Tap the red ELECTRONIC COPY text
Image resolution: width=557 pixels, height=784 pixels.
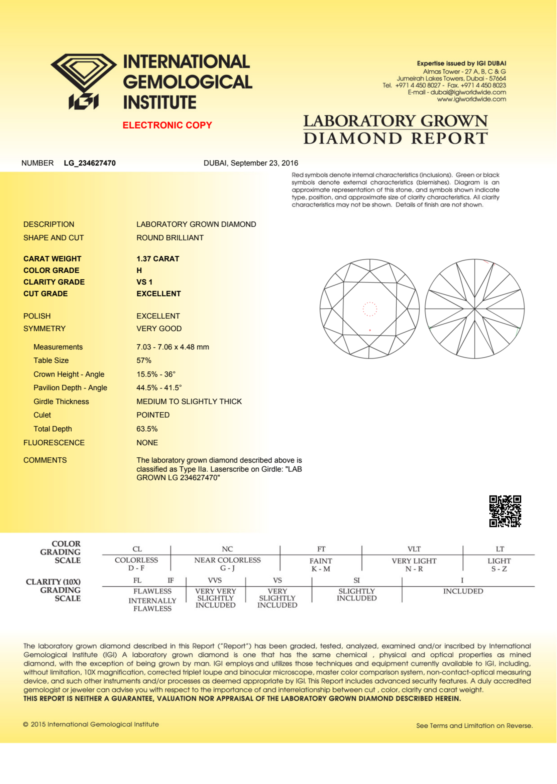coord(167,125)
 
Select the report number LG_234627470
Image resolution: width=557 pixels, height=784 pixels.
coord(90,163)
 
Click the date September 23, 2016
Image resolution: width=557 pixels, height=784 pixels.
coord(264,163)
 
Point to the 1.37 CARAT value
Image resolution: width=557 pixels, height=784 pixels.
coord(158,259)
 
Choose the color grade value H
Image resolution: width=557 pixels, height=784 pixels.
coord(139,270)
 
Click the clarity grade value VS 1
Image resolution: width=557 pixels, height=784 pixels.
coord(144,282)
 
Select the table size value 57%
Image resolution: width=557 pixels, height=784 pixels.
coord(144,360)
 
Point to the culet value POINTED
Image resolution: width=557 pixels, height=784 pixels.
coord(153,415)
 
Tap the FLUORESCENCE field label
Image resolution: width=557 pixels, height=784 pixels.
coord(54,443)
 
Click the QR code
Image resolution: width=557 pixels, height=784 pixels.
coord(505,511)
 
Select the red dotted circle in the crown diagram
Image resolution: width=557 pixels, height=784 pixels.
coord(370,309)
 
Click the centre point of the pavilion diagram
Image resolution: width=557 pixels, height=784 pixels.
coord(475,309)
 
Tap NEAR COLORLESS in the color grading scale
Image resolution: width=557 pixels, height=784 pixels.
coord(227,560)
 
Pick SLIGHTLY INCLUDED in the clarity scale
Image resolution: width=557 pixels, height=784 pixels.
coord(356,595)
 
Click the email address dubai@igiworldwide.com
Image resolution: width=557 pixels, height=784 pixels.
coord(468,92)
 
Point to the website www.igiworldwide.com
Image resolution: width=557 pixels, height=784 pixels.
coord(471,99)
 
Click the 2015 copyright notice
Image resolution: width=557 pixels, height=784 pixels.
coord(91,724)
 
